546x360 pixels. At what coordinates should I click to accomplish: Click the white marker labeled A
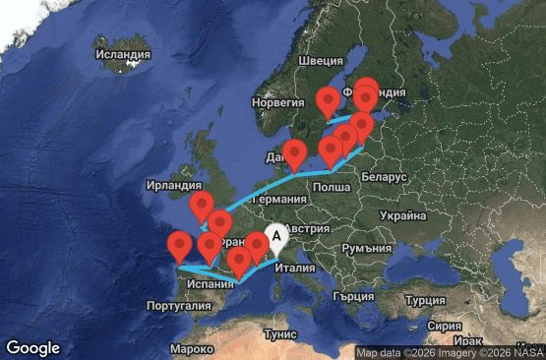tap(277, 237)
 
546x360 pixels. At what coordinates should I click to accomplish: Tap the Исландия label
tap(124, 54)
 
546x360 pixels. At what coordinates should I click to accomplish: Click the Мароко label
tap(191, 349)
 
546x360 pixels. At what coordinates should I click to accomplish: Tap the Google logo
tap(32, 347)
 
